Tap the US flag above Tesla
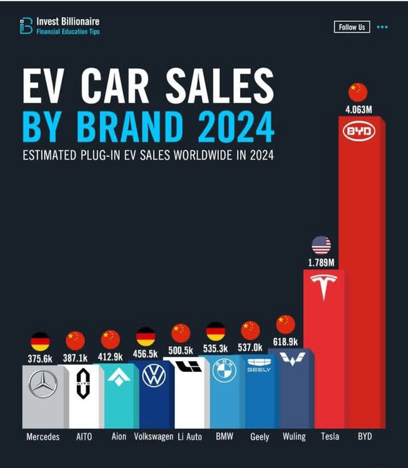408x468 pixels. [x=321, y=245]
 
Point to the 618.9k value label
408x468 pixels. [x=286, y=340]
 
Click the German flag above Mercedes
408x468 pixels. [x=40, y=341]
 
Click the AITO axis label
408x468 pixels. [x=82, y=437]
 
